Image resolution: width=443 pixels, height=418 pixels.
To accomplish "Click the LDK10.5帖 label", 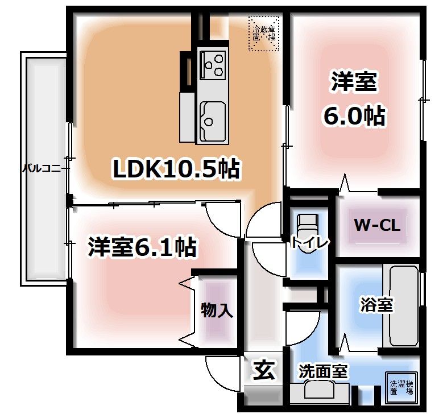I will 176,169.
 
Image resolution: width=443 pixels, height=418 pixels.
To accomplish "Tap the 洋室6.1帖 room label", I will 142,247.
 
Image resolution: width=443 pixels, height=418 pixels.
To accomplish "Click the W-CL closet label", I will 378,225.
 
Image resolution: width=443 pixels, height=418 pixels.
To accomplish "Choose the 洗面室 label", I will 323,372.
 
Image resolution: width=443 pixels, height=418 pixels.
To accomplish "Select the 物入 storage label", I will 216,311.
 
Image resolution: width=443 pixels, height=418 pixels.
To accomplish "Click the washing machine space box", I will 401,388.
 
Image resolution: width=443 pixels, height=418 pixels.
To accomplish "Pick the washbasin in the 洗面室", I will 318,391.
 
